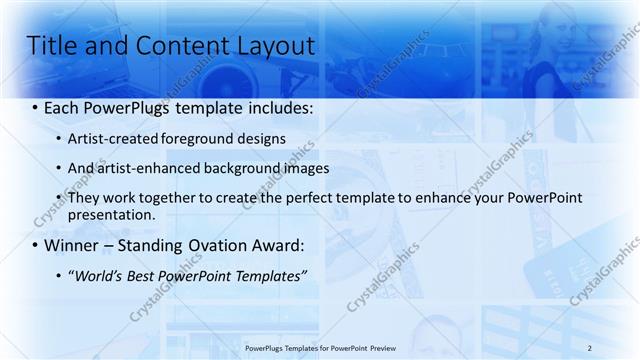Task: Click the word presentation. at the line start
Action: click(x=112, y=214)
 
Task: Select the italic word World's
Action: click(x=103, y=275)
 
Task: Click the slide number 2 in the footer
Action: click(x=590, y=347)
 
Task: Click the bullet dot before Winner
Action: click(x=36, y=246)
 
